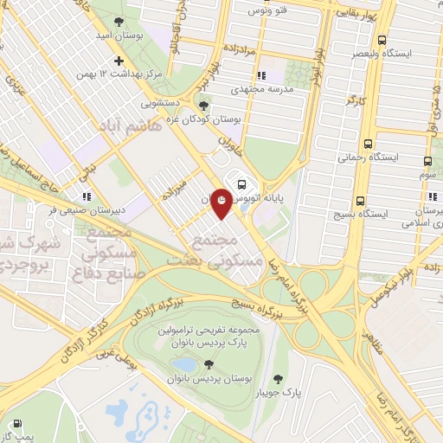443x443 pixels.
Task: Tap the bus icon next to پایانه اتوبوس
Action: (x=241, y=183)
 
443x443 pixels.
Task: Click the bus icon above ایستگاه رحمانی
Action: (x=369, y=144)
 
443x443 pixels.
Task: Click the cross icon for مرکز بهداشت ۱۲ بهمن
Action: (x=119, y=61)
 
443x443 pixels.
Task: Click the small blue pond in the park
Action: (x=183, y=365)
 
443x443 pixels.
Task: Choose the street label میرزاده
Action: (x=175, y=188)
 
